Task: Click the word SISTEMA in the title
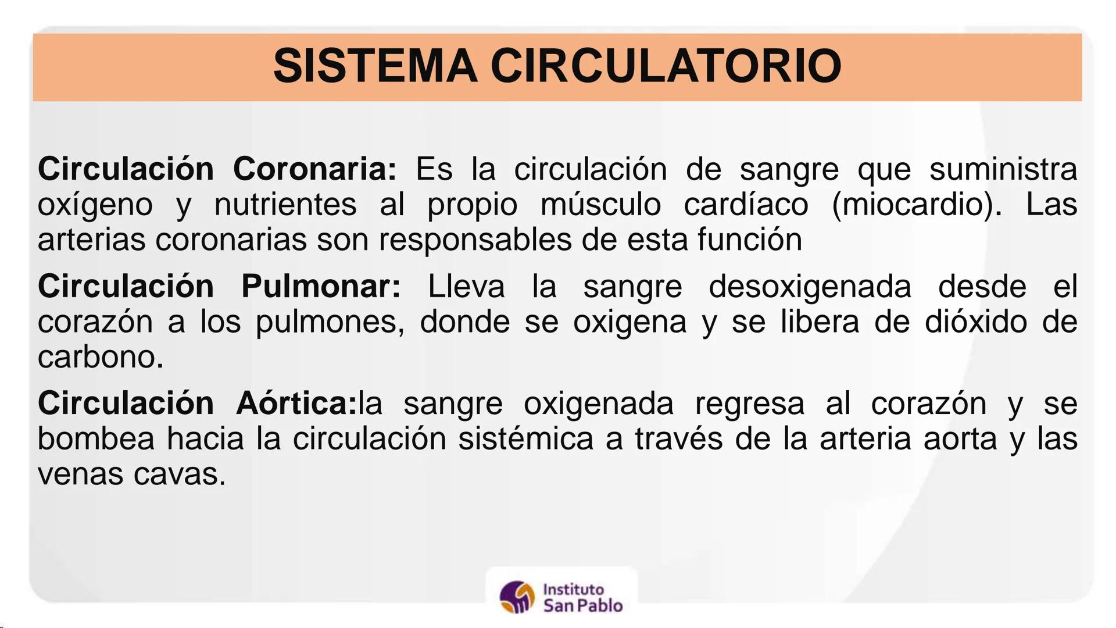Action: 375,66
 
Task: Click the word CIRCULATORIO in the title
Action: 666,66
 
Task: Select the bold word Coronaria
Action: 314,169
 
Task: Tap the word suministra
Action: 1003,169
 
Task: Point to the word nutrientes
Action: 285,205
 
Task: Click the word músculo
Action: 600,205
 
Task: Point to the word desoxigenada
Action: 810,287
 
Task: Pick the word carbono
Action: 100,357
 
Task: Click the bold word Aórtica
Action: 296,404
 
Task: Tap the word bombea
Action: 96,439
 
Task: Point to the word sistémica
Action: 525,439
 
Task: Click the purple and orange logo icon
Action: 517,597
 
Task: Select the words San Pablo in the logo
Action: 582,606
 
